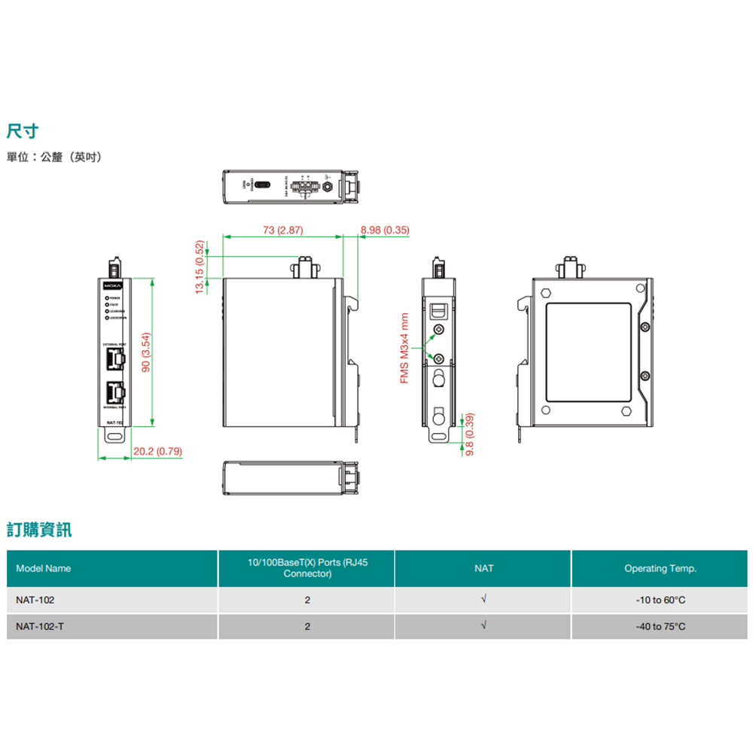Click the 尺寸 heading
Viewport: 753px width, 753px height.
pos(23,131)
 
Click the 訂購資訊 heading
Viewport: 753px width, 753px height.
pos(39,529)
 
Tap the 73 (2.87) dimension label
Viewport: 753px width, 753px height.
pos(283,230)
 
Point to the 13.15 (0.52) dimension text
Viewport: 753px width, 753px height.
pos(200,267)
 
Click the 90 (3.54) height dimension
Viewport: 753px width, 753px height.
pos(147,352)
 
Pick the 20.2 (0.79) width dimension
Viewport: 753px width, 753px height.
pos(157,452)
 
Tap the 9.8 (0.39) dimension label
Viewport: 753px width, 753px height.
pos(470,434)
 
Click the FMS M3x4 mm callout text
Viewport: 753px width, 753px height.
pos(404,348)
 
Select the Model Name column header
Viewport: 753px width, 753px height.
pos(44,569)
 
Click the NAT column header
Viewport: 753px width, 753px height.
pos(484,569)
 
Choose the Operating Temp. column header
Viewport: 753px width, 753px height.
pos(660,569)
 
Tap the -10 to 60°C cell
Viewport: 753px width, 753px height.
pos(660,600)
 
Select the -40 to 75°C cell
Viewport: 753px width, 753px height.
pos(660,626)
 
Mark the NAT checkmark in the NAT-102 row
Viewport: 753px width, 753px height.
pos(484,599)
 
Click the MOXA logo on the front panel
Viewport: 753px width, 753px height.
pos(112,286)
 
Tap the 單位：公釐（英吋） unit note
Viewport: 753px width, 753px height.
pos(53,157)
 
